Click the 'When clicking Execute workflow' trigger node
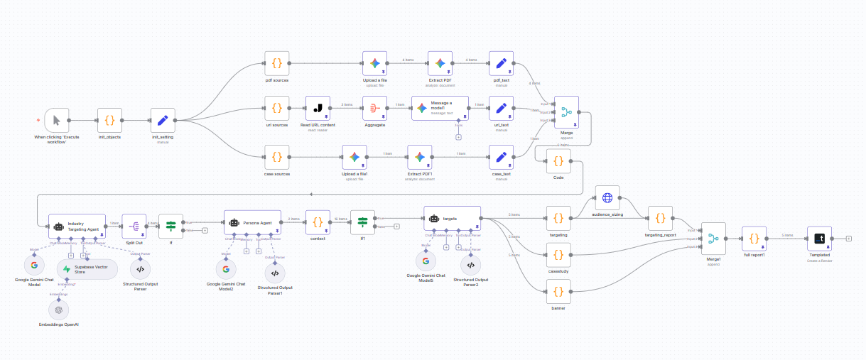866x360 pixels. click(56, 120)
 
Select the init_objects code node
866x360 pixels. click(109, 120)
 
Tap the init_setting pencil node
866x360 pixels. click(163, 120)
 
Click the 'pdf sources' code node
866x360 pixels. click(276, 63)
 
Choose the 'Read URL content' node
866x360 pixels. click(318, 109)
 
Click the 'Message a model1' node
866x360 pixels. click(440, 109)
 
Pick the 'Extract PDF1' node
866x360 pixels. click(419, 158)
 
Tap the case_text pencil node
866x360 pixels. click(502, 158)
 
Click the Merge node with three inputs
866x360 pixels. click(566, 112)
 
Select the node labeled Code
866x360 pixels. click(558, 161)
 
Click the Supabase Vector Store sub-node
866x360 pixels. click(87, 269)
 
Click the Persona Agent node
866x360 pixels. click(252, 222)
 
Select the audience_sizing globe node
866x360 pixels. click(607, 198)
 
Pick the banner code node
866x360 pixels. click(558, 291)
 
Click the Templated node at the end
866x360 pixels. click(819, 239)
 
